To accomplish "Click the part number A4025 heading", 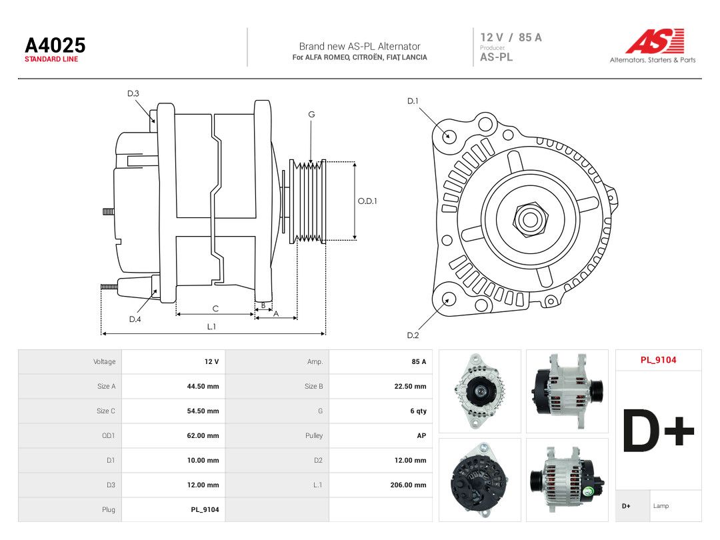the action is [x=55, y=45].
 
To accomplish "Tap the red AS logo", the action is [x=655, y=41].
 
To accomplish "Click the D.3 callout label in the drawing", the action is [x=133, y=94].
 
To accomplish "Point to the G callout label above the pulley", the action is [x=311, y=115].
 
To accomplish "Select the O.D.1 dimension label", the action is [x=367, y=201].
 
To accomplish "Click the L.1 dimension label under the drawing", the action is [x=211, y=327].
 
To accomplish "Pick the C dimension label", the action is [x=215, y=309].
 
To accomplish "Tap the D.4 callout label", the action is [x=135, y=319].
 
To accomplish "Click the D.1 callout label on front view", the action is [x=413, y=101].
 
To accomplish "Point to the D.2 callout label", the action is [x=413, y=335].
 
